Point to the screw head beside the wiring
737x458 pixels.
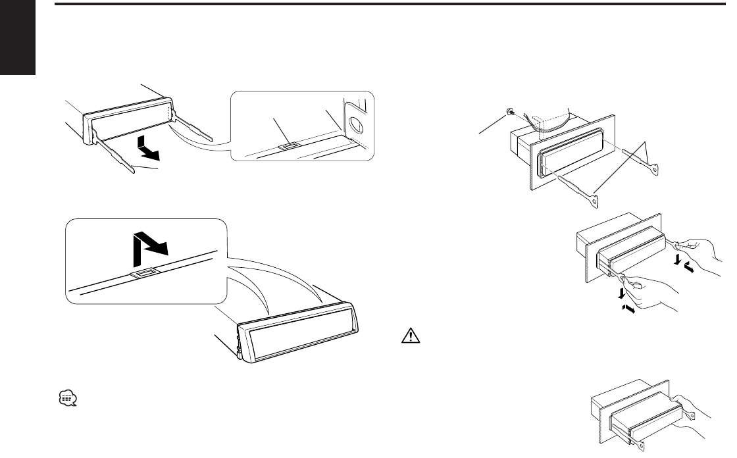509,113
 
